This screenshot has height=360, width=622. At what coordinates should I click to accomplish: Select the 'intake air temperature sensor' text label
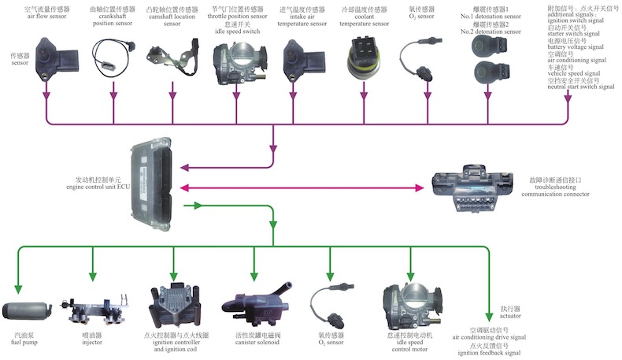tap(302, 24)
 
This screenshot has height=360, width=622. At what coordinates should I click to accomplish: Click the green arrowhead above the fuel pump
tap(22, 276)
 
